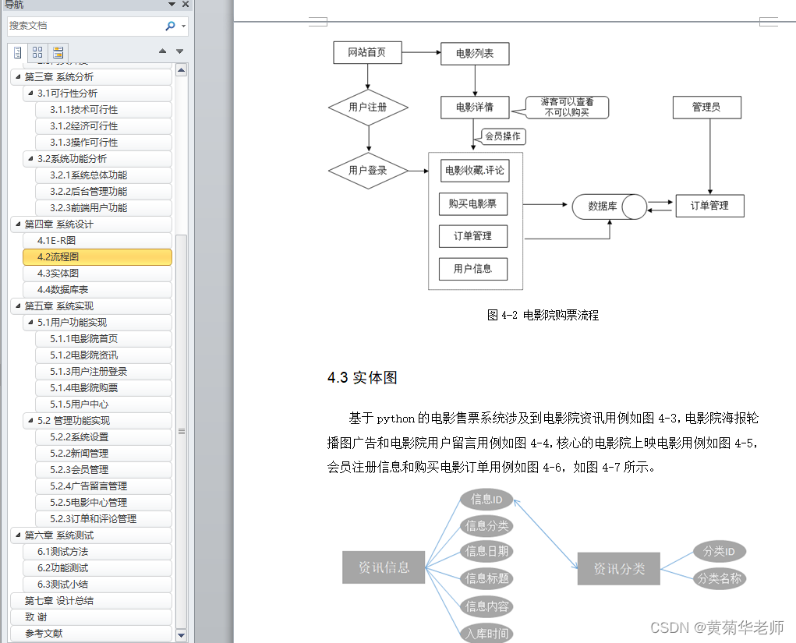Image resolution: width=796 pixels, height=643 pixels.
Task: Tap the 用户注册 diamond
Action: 368,107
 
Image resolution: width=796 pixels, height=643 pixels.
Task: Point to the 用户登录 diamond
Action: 368,170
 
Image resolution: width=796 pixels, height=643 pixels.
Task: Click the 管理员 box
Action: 706,107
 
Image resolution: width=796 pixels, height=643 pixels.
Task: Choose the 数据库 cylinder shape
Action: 609,207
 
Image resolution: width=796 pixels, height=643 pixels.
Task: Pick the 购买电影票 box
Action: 472,204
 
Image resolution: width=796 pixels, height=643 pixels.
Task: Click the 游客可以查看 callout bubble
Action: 567,108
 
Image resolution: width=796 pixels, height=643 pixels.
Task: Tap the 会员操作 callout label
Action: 503,136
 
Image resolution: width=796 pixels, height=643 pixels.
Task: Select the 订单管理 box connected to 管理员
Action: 709,206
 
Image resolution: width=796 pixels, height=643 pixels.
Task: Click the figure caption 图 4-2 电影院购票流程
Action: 543,315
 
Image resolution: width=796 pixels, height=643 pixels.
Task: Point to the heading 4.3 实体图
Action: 363,378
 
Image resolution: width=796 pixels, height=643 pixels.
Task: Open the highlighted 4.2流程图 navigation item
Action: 97,257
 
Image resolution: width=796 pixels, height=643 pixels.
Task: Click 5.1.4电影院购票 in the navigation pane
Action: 84,388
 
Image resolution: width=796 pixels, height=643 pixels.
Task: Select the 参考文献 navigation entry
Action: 44,634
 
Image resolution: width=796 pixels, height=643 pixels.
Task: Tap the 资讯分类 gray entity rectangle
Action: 619,568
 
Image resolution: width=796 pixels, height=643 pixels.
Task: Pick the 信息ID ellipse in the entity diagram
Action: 486,499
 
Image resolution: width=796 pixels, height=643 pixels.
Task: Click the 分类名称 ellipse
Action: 719,579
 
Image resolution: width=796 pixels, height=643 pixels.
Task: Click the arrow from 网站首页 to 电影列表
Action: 420,53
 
